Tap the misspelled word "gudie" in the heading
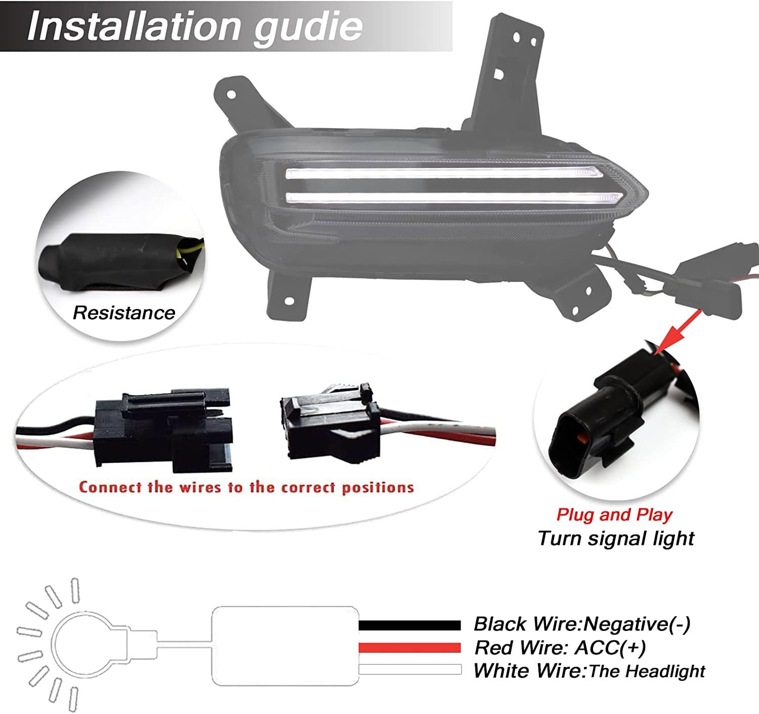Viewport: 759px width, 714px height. [308, 28]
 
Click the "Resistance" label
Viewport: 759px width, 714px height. [124, 313]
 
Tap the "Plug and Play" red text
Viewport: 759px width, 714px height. [614, 514]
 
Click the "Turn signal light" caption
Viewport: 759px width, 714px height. [616, 538]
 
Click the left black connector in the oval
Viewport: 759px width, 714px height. [163, 430]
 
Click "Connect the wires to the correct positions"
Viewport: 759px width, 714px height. [246, 488]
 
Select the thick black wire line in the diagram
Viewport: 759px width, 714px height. [410, 625]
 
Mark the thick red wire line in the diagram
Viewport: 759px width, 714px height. [410, 648]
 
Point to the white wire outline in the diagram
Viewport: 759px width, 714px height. [410, 669]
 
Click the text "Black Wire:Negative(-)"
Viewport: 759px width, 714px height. [582, 624]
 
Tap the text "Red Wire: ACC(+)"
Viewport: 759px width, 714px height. [560, 648]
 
